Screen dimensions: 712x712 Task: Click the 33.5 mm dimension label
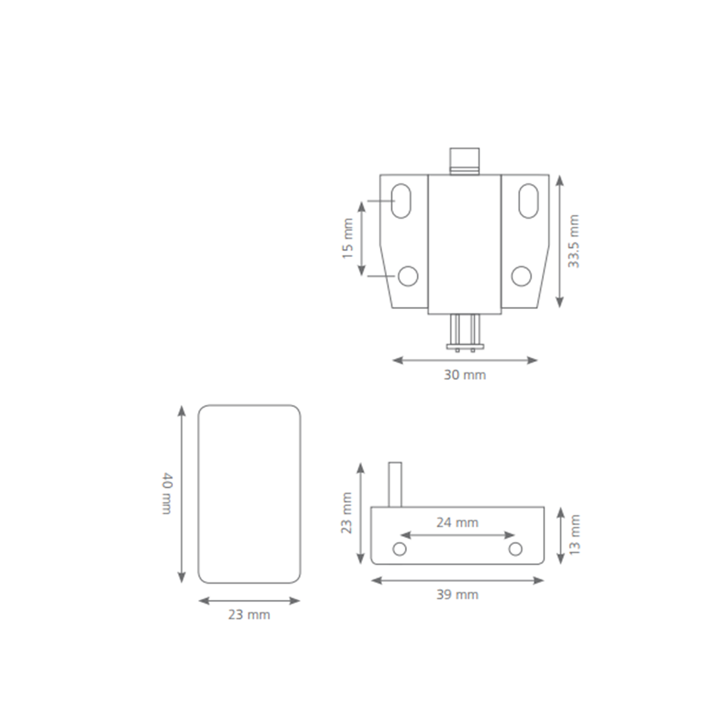coord(573,241)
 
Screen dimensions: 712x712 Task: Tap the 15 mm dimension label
coord(348,239)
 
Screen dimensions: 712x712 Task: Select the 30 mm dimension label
coord(465,375)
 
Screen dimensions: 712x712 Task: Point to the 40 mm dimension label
coord(167,493)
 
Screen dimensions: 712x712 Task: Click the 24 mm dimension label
coord(457,523)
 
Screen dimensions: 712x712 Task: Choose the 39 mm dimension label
coord(457,595)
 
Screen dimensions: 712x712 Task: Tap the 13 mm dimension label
coord(575,535)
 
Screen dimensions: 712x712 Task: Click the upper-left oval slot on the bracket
coord(401,201)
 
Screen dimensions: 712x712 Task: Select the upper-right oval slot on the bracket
coord(529,201)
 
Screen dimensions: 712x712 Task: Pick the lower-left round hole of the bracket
coord(408,276)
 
